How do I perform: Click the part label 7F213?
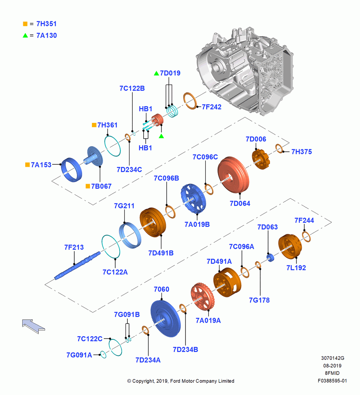click(74, 247)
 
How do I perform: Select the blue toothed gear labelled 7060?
click(166, 319)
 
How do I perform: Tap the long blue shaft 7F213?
click(77, 265)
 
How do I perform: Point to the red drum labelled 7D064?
click(233, 175)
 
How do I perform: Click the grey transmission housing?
click(245, 71)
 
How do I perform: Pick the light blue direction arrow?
click(33, 326)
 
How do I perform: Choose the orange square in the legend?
click(25, 24)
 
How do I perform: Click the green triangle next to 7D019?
click(156, 73)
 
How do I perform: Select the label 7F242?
click(212, 107)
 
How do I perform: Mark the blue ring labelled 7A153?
click(72, 170)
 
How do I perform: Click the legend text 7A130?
click(47, 36)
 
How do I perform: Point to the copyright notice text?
click(181, 381)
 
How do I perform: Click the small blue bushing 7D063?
click(270, 258)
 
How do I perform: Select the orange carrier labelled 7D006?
click(261, 159)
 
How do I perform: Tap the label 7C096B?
click(167, 179)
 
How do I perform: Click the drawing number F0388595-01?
click(332, 381)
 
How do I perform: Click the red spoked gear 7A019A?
click(202, 297)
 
